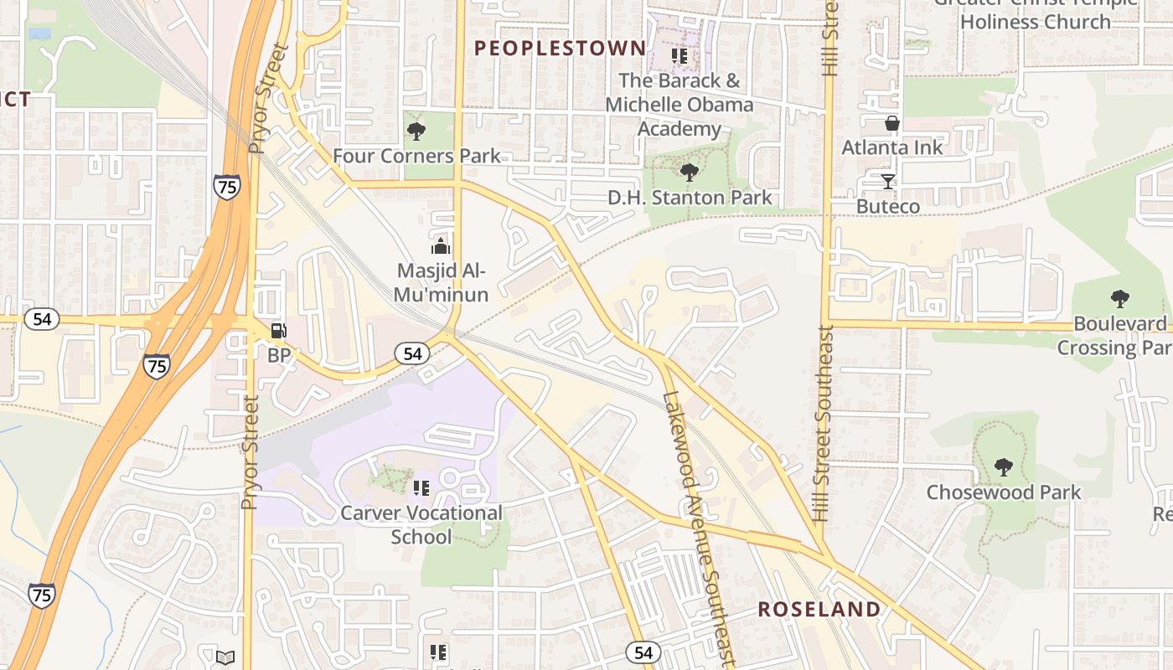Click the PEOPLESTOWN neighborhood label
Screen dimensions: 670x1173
[x=561, y=49]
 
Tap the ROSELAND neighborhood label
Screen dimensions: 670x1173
[x=819, y=609]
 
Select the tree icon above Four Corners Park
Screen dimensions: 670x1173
[x=416, y=131]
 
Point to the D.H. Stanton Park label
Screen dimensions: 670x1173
[x=690, y=198]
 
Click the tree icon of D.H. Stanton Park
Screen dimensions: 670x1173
[x=690, y=173]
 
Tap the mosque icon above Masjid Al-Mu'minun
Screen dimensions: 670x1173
[x=441, y=246]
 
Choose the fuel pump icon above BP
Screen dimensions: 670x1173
[x=279, y=331]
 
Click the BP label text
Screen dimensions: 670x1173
[x=279, y=356]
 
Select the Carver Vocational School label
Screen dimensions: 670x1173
[x=421, y=524]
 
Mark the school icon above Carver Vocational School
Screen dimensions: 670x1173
[x=421, y=487]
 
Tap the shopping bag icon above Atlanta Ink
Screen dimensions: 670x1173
[x=892, y=123]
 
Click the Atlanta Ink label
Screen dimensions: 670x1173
[x=892, y=147]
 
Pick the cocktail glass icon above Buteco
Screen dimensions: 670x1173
[x=888, y=181]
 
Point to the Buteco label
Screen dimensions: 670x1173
[x=888, y=206]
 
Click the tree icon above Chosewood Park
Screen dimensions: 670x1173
[x=1003, y=466]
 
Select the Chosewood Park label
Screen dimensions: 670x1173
[x=1003, y=492]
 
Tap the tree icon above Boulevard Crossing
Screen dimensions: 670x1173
[x=1119, y=298]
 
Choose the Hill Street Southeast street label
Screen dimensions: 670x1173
[x=822, y=423]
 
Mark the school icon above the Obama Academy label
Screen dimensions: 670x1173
[x=680, y=56]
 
